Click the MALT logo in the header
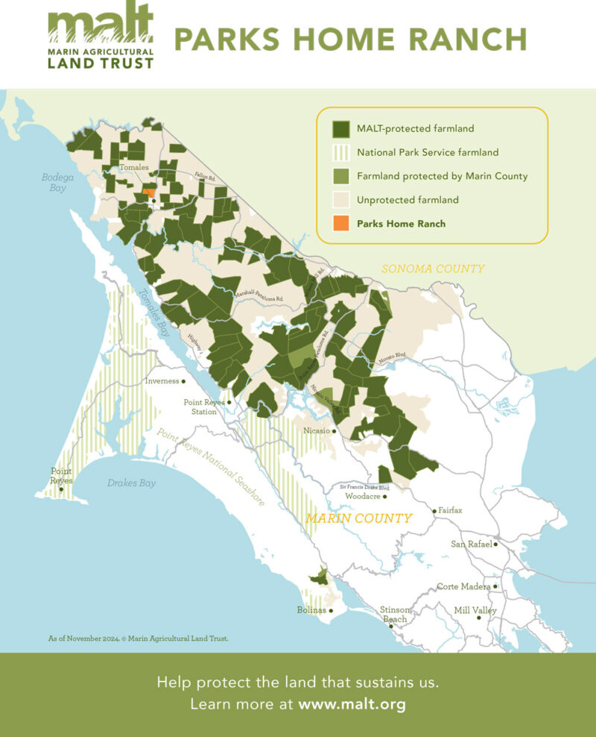coord(101,39)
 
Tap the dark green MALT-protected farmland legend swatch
coord(340,129)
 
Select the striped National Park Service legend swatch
coord(340,152)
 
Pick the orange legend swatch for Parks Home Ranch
coord(340,223)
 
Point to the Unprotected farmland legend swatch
coord(340,199)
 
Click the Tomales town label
coord(135,168)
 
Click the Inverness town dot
coord(183,380)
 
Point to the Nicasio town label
coord(317,430)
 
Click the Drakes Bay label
coord(131,483)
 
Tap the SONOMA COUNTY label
coord(433,269)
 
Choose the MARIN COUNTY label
coord(361,518)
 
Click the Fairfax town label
coord(451,510)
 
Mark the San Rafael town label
coord(471,544)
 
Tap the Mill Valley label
coord(475,610)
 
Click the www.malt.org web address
coord(352,703)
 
